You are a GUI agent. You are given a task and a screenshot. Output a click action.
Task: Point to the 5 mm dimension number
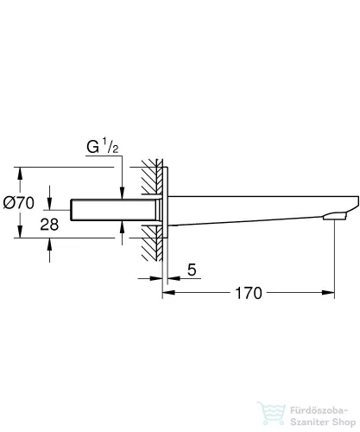193,270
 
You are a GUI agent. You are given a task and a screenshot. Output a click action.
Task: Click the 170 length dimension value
248,294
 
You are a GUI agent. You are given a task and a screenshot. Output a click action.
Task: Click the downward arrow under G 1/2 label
122,189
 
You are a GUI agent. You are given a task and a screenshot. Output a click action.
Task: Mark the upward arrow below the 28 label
50,246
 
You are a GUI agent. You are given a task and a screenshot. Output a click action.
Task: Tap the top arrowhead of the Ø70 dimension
19,170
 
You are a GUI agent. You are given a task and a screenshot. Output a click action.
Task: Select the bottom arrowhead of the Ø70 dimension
19,237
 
